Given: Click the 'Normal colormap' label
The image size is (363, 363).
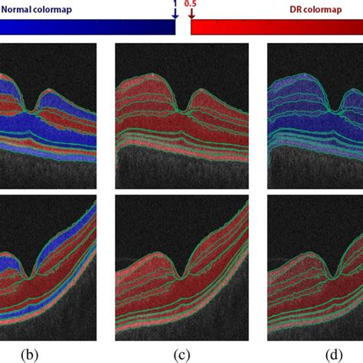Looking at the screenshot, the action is point(37,10).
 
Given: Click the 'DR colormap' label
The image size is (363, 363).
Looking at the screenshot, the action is point(316,10).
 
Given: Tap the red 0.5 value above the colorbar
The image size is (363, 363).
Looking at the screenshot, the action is point(190,3).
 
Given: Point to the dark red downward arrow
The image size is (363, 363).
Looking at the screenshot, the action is point(191,14).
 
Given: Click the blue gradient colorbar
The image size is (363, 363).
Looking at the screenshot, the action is point(87,27).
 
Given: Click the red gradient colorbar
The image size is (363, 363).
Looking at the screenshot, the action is point(277,27).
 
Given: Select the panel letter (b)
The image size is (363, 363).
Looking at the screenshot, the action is point(30,355).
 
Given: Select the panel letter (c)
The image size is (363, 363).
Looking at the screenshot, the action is point(181,355).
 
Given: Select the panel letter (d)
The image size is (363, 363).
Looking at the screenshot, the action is point(334,355).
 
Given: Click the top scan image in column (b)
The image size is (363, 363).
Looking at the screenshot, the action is point(48,116).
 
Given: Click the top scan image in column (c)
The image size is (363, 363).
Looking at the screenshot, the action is point(181,116).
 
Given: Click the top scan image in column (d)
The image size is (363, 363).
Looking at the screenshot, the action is point(316,116).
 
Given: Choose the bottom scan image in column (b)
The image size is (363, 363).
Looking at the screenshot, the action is point(48,268).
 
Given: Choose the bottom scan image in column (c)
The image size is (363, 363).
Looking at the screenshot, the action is point(181,268).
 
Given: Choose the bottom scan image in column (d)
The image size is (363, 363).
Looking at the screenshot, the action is point(316,268).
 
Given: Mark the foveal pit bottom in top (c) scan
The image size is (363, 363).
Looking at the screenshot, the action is point(182,111).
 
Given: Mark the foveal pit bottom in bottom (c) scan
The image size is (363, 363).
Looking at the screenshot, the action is point(181,277).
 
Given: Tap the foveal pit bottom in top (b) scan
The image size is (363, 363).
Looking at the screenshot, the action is point(31,111).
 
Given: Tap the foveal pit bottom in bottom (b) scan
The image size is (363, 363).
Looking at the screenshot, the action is point(29,277).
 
